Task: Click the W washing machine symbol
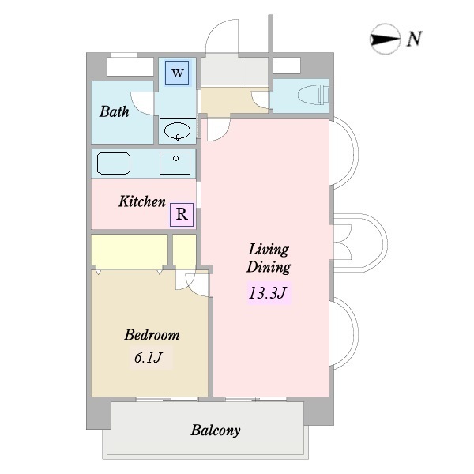177,73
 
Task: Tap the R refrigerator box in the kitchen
182,214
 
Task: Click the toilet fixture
313,95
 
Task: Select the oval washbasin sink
178,131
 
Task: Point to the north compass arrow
385,39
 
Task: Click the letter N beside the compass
414,39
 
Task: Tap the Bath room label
115,111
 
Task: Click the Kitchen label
142,201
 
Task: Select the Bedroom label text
152,335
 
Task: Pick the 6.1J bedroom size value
149,358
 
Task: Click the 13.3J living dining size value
267,292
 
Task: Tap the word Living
269,250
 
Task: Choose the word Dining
269,267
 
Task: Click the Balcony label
216,431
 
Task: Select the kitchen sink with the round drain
175,164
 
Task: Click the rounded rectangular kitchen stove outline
114,164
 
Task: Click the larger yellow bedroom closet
130,251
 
